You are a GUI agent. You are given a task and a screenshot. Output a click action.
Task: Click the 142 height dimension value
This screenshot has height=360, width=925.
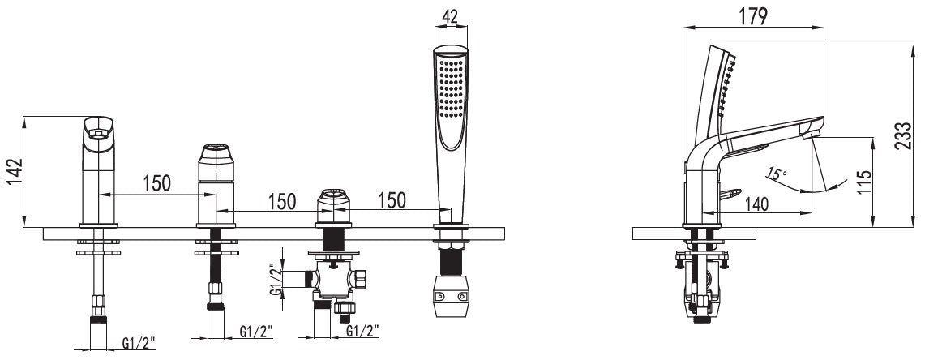pos(14,173)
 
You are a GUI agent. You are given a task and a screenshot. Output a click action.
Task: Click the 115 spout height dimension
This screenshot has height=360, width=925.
pos(864,183)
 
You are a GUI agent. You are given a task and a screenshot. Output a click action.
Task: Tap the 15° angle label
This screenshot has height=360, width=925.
pos(777,174)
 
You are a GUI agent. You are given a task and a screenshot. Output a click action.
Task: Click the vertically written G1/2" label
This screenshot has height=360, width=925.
pos(274,278)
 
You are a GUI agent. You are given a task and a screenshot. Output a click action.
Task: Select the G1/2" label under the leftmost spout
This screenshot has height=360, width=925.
pos(139,341)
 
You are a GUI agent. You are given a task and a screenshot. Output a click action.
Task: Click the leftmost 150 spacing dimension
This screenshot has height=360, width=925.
pos(156,183)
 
